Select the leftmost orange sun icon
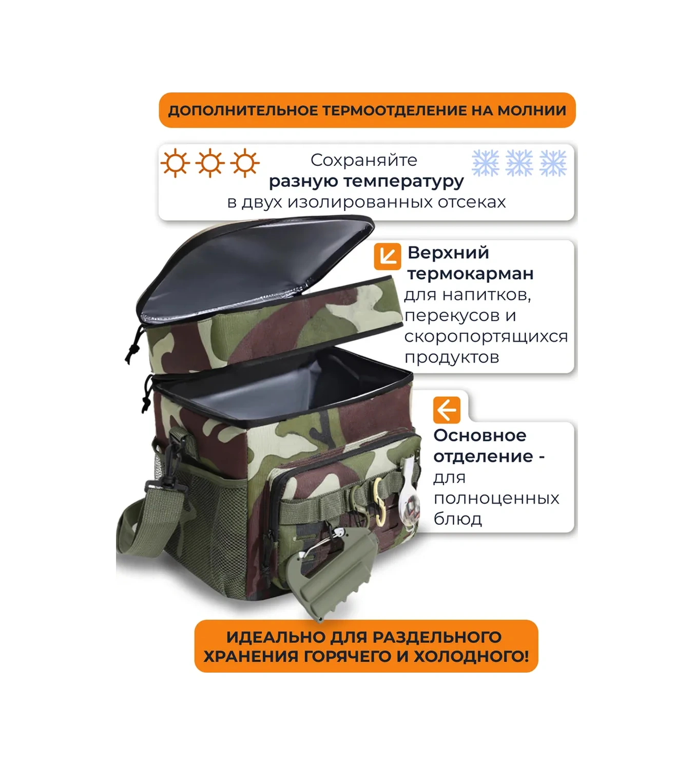(x=176, y=163)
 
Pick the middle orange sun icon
(x=210, y=163)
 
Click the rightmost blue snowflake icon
(x=553, y=163)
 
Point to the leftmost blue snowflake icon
(x=485, y=163)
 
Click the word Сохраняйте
(x=363, y=160)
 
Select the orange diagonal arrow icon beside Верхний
(x=387, y=256)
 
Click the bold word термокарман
(x=470, y=274)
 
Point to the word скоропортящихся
(x=486, y=337)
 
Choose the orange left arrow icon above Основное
(x=446, y=410)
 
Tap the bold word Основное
(x=479, y=435)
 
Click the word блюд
(x=457, y=519)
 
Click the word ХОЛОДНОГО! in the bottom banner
(x=471, y=656)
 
